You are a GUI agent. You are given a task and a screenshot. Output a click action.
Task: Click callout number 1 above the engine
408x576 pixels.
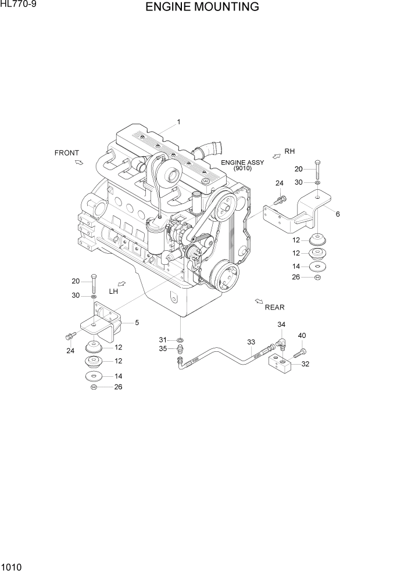pos(179,122)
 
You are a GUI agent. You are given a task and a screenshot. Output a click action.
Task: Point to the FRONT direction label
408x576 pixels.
pos(66,153)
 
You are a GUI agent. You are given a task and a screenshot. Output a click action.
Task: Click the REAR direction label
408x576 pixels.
pos(274,307)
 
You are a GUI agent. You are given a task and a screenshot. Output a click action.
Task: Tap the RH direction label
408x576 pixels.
pos(289,152)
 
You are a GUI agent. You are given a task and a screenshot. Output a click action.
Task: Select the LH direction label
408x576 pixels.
pos(113,291)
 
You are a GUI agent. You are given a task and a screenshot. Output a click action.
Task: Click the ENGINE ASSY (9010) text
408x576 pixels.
pos(242,165)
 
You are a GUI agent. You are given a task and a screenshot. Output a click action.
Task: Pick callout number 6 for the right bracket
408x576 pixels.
pos(337,214)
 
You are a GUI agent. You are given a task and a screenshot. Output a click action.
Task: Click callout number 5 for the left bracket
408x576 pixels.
pos(137,322)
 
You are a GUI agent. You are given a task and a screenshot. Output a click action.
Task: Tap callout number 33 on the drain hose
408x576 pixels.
pos(251,342)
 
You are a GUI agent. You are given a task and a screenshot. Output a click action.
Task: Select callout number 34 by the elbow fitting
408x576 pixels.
pos(281,325)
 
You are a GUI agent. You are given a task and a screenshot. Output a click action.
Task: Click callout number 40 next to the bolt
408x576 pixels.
pos(302,335)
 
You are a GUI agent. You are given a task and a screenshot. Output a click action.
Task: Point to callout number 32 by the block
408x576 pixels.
pos(305,365)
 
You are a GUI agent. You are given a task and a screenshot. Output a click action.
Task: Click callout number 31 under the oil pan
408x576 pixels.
pos(163,339)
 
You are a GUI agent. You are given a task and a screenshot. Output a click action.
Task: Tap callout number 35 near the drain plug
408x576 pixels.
pos(163,348)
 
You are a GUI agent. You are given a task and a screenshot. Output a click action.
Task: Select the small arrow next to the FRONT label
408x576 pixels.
pos(78,163)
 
